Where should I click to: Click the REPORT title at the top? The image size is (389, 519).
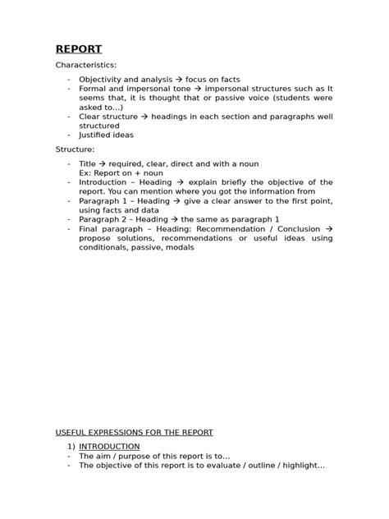coord(79,48)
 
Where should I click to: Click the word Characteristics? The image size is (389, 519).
coord(86,65)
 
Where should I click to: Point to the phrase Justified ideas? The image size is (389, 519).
coord(106,135)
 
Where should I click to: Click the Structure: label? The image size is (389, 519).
coord(75,150)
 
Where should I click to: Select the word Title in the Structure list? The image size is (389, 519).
coord(88,164)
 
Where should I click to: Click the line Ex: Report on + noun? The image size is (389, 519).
coord(121,173)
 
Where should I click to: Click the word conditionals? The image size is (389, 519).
coord(108,247)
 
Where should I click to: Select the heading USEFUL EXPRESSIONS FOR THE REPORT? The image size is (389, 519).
coord(134,432)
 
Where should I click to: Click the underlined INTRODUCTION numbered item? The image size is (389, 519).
coord(109,447)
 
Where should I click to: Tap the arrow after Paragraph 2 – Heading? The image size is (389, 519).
coord(174,219)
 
